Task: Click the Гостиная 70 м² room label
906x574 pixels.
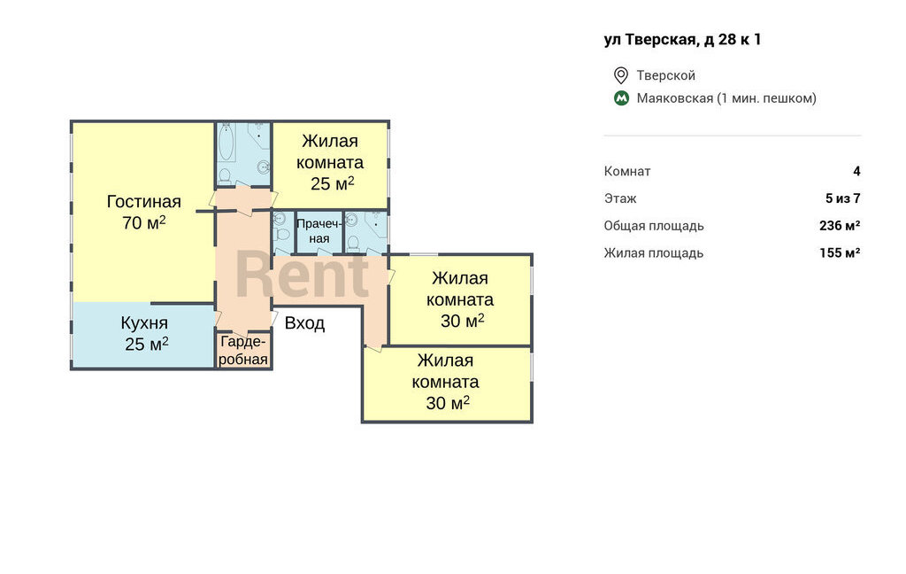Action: (144, 212)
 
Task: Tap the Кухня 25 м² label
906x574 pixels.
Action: (144, 333)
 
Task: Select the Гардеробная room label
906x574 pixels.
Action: (243, 350)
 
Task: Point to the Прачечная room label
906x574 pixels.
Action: (319, 231)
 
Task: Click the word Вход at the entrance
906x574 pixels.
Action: (304, 322)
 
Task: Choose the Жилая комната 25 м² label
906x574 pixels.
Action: (330, 163)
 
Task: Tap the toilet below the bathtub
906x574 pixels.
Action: (226, 175)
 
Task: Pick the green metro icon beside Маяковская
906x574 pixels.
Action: (621, 98)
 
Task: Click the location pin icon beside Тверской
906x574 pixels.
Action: (620, 75)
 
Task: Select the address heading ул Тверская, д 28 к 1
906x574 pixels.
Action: (682, 39)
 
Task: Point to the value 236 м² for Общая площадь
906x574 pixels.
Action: (840, 226)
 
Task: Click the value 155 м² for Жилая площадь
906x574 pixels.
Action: (840, 252)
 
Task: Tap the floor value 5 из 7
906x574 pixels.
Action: (843, 198)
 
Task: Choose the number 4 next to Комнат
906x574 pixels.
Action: (856, 171)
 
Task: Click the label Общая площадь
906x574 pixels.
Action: (654, 226)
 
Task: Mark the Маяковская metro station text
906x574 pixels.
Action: (675, 98)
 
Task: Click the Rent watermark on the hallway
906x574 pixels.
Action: (303, 275)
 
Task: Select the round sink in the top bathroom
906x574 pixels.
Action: (264, 167)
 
